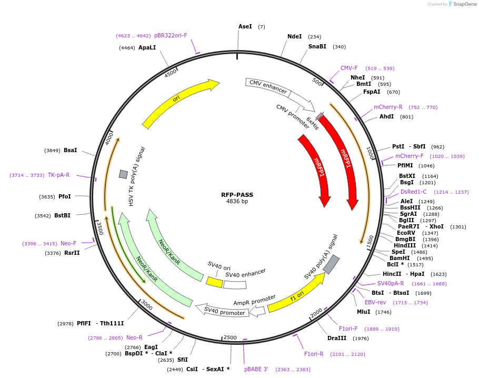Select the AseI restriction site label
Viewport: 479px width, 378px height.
pyautogui.click(x=245, y=26)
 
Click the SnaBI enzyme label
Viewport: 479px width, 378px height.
pyautogui.click(x=317, y=46)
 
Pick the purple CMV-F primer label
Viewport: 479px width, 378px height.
pyautogui.click(x=349, y=68)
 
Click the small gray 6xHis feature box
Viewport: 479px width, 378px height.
pyautogui.click(x=320, y=116)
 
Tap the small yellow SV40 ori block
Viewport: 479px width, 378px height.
pyautogui.click(x=214, y=282)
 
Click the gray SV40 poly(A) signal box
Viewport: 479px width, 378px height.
pyautogui.click(x=331, y=265)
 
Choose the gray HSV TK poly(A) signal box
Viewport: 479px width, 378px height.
pyautogui.click(x=123, y=174)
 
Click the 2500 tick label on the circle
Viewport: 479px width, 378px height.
pyautogui.click(x=231, y=337)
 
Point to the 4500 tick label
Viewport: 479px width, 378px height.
pyautogui.click(x=171, y=73)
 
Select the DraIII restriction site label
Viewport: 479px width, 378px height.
pyautogui.click(x=337, y=338)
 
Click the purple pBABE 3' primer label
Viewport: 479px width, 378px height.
pyautogui.click(x=256, y=369)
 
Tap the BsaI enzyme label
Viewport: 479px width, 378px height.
pyautogui.click(x=71, y=150)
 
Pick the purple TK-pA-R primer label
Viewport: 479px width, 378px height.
pyautogui.click(x=58, y=175)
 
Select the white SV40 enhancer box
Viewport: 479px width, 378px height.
pyautogui.click(x=235, y=285)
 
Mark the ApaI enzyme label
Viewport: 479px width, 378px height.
pyautogui.click(x=147, y=47)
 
